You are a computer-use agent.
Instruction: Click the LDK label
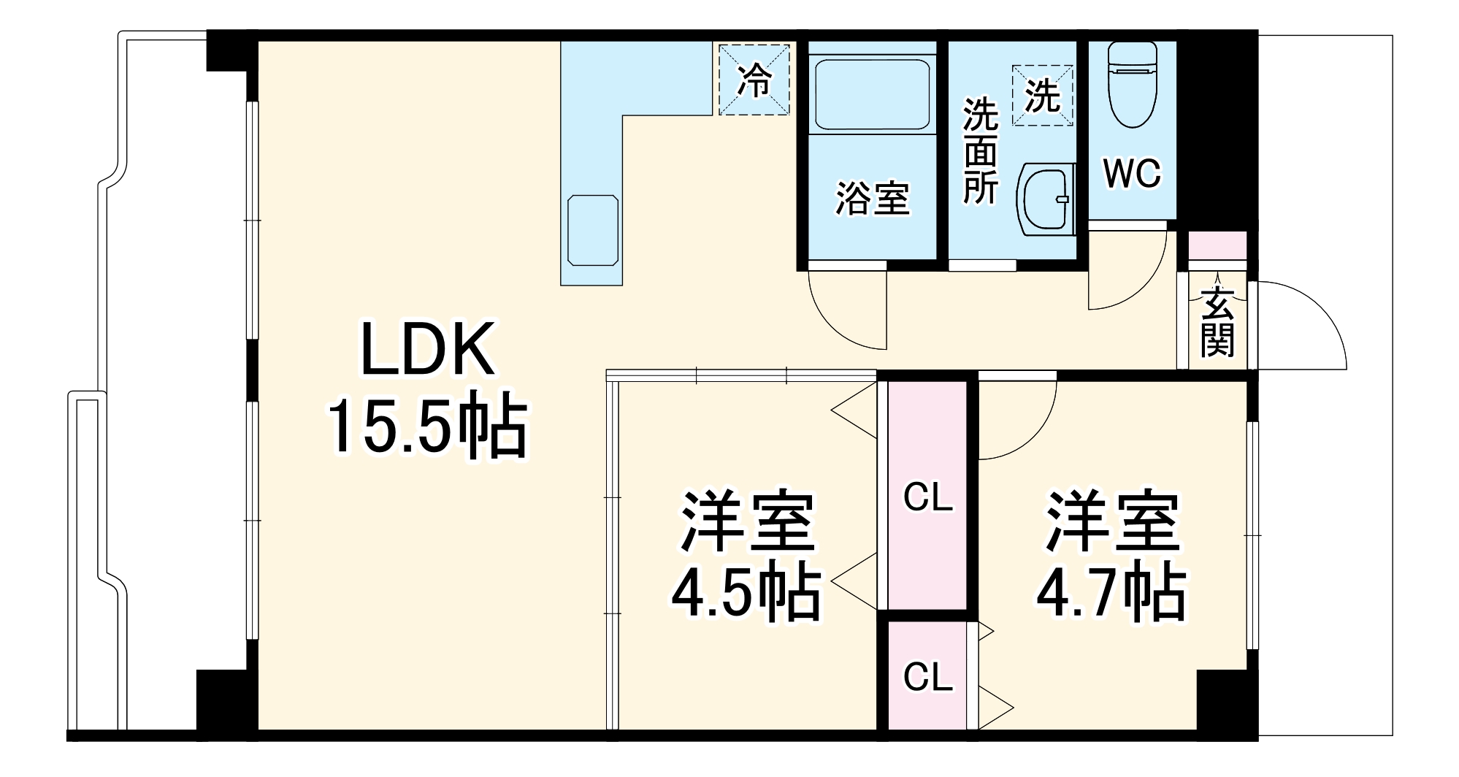[427, 349]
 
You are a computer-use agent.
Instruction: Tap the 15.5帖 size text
[427, 426]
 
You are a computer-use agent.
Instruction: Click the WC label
[1131, 174]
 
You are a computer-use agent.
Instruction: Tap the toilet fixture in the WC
[1133, 84]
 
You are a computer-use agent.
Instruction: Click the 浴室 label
[873, 198]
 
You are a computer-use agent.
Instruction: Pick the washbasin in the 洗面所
[1046, 199]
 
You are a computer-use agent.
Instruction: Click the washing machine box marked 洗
[1042, 95]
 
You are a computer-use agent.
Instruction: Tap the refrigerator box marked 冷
[754, 80]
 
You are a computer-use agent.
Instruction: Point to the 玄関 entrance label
[1217, 322]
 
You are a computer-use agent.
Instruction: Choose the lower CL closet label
[928, 677]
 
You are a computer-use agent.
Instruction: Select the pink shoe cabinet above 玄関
[1217, 245]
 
